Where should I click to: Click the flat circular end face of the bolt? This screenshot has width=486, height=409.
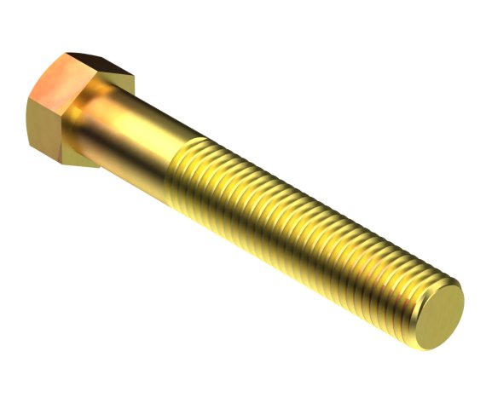coord(440,311)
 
